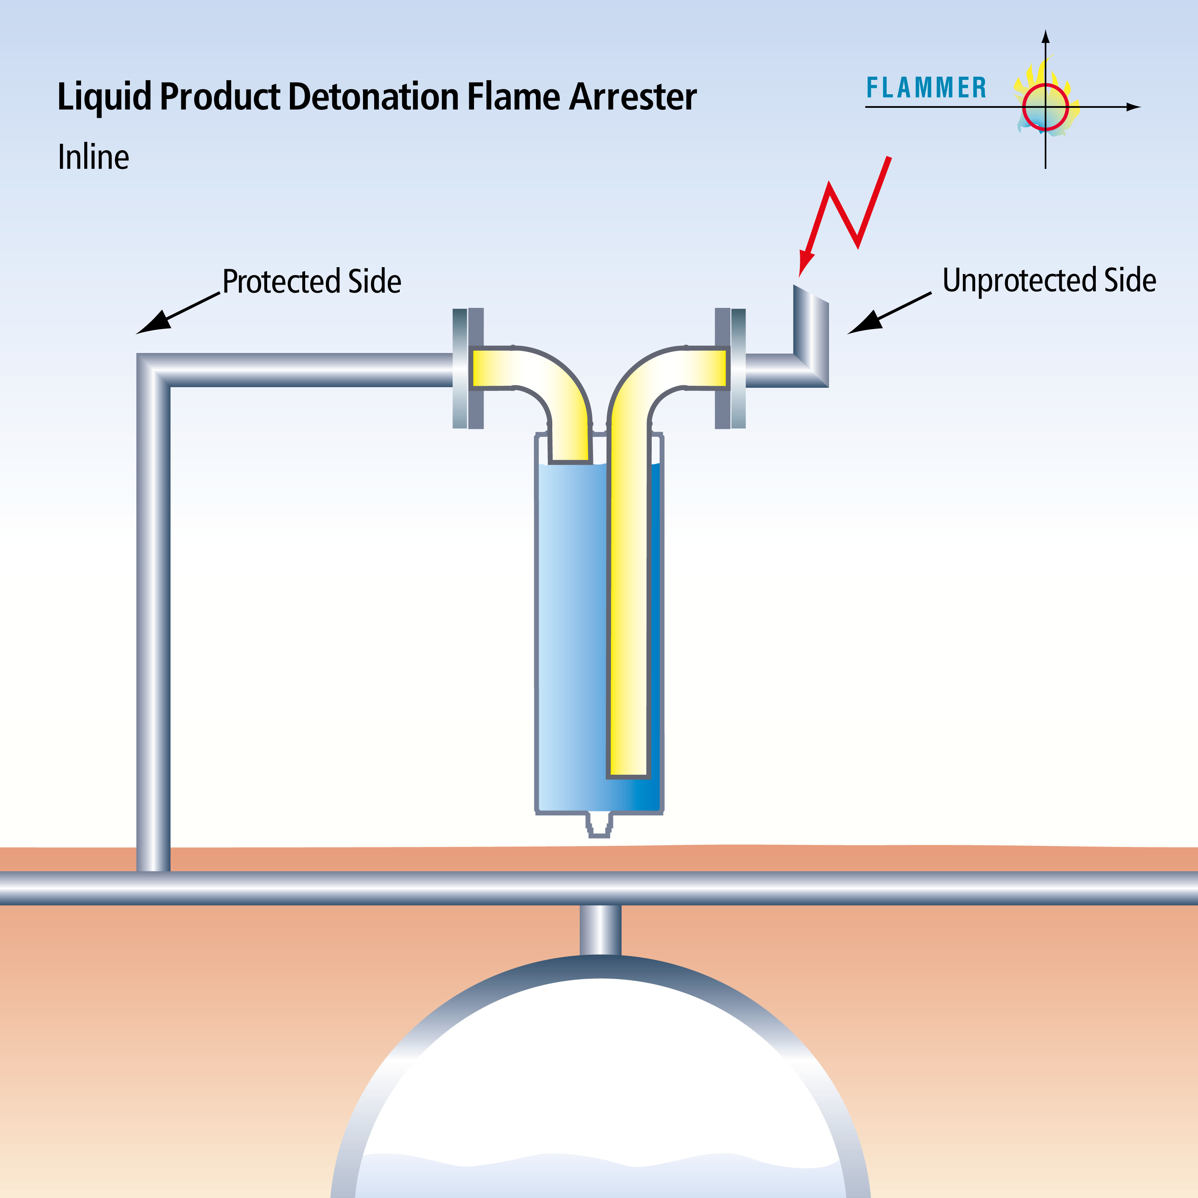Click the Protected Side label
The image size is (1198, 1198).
[312, 282]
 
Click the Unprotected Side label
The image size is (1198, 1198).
[1049, 280]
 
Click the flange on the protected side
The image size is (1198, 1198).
[468, 368]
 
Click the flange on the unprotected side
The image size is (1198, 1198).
[730, 368]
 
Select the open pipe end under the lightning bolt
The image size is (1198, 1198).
[811, 295]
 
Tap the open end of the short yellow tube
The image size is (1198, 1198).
[569, 461]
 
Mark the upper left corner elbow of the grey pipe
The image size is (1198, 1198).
[154, 370]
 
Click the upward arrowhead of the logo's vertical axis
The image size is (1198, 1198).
[1045, 36]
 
